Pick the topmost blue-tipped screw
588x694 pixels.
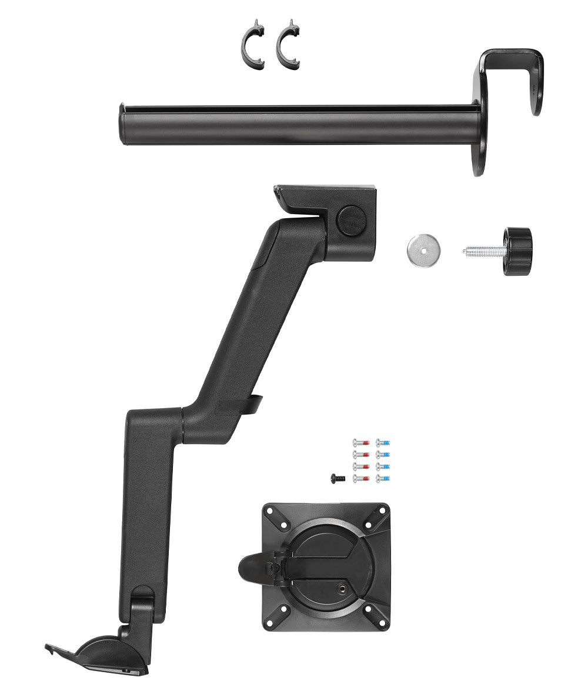point(383,442)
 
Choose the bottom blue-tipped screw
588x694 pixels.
point(383,478)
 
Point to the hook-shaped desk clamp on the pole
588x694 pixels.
point(512,76)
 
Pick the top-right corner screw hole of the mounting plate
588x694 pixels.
point(371,522)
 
